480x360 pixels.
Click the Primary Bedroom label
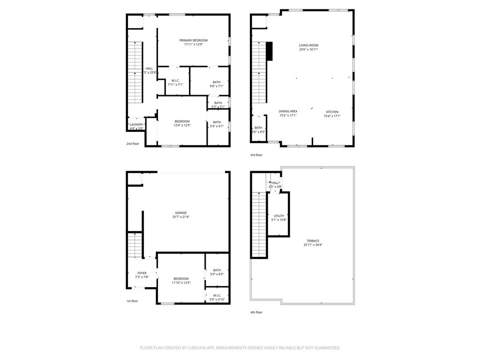click(193, 40)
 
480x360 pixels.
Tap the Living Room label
click(308, 45)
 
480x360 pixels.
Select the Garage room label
click(181, 213)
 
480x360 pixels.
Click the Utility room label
click(279, 216)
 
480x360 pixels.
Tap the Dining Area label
click(288, 112)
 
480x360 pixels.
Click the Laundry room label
click(136, 125)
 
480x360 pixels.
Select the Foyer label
click(142, 273)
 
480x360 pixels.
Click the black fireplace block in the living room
click(269, 51)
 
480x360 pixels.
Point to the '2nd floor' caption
click(133, 144)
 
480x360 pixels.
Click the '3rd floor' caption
click(256, 155)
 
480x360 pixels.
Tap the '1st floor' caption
click(132, 301)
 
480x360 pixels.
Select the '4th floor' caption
click(256, 312)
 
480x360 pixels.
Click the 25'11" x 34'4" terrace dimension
click(313, 245)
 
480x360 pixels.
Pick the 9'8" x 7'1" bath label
click(216, 86)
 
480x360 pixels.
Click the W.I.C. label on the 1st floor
click(217, 295)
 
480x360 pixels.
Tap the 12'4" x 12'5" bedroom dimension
click(182, 125)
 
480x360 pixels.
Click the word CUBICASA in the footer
click(193, 348)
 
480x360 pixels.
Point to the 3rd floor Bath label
click(258, 127)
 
